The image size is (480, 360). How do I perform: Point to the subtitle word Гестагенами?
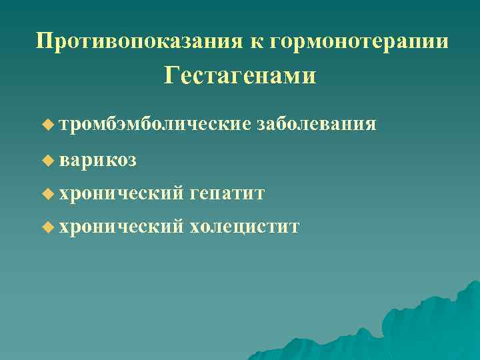pos(240,75)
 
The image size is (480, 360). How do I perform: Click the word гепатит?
pos(227,194)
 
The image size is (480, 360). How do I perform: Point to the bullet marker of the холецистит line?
pos(46,228)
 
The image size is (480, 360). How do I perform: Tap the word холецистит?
pos(245,228)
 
